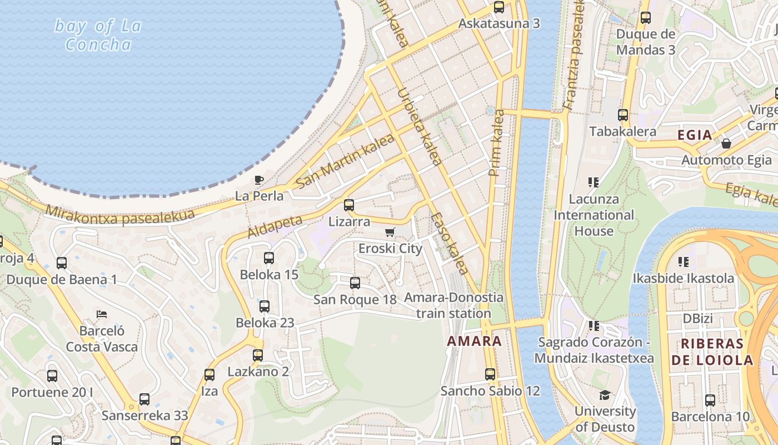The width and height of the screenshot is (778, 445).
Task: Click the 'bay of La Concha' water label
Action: click(x=98, y=34)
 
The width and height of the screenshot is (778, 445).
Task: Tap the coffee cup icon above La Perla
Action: click(x=258, y=180)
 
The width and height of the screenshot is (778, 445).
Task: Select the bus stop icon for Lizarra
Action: click(x=349, y=205)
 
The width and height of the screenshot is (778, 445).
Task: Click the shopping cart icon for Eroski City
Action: click(x=390, y=232)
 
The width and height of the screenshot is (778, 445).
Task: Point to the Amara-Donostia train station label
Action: click(x=453, y=305)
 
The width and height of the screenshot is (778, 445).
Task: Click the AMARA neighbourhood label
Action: click(x=474, y=341)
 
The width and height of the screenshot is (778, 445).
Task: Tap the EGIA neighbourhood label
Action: click(x=695, y=135)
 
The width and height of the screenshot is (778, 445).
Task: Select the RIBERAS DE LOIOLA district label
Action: click(x=712, y=352)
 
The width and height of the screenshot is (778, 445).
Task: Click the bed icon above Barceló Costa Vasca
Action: click(x=101, y=314)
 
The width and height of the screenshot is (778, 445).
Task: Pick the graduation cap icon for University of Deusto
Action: click(x=605, y=395)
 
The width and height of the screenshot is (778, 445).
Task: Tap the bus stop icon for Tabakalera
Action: click(x=623, y=115)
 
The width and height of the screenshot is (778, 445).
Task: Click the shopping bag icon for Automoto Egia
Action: click(x=726, y=144)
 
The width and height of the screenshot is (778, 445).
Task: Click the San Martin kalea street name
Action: click(x=345, y=161)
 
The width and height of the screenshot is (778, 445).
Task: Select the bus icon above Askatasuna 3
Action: click(x=499, y=7)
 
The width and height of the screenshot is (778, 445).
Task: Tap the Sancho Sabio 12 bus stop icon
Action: click(x=490, y=374)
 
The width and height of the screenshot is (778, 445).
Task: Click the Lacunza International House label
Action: click(x=594, y=215)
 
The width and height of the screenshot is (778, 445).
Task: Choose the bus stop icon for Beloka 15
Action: click(x=269, y=258)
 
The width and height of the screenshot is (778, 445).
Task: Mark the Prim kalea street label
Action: click(x=496, y=143)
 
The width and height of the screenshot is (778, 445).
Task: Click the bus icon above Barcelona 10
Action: click(x=710, y=400)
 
